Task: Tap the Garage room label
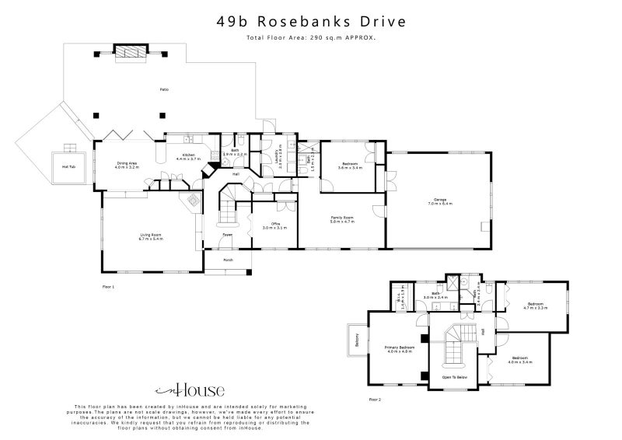pos(439,202)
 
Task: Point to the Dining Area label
pos(127,165)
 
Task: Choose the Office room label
pos(274,226)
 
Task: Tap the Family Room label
pos(342,219)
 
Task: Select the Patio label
pos(164,90)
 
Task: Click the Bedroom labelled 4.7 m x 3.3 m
pos(536,306)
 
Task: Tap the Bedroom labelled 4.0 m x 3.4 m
pos(519,361)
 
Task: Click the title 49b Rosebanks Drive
pos(311,21)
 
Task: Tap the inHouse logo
pos(190,390)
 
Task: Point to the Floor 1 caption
pos(108,287)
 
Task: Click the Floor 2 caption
pos(375,400)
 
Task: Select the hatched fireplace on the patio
pos(130,52)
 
